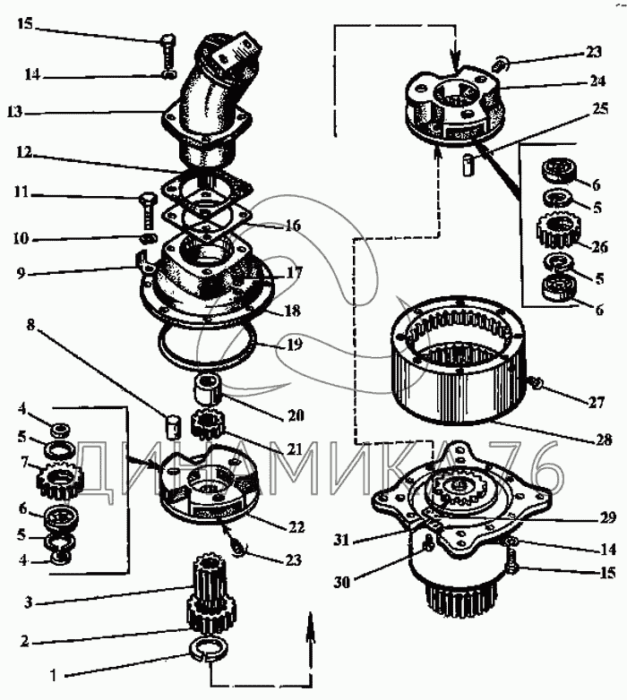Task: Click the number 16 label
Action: point(293,227)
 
